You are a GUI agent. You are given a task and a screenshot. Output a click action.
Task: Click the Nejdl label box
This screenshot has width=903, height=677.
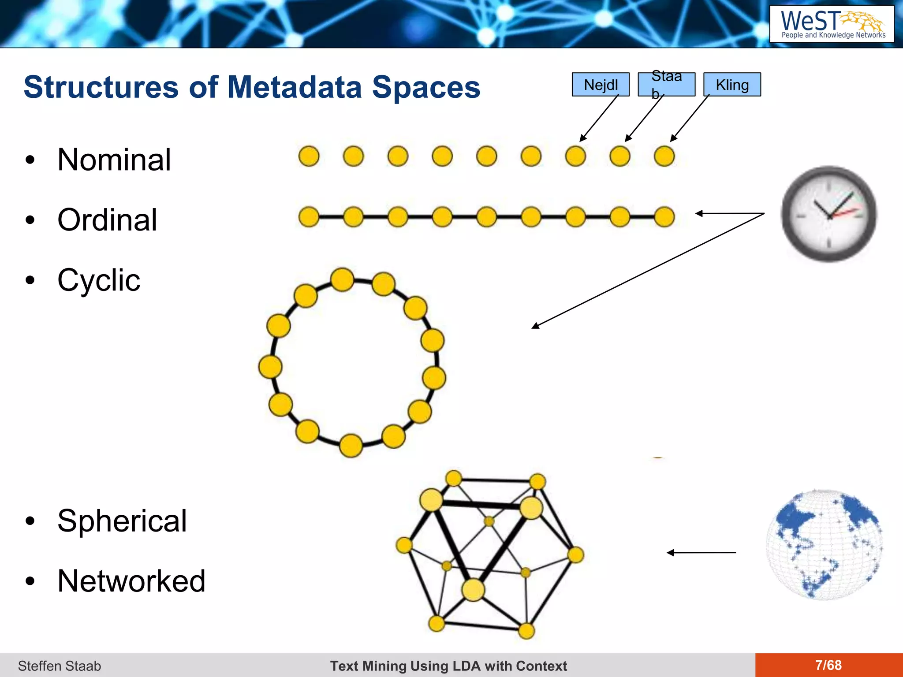click(x=601, y=85)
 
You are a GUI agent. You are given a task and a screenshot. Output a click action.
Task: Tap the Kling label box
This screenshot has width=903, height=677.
click(x=732, y=85)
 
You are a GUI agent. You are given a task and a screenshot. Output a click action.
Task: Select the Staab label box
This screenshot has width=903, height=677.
click(x=666, y=85)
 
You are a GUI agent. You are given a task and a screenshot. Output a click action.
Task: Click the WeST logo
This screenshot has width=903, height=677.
click(x=832, y=24)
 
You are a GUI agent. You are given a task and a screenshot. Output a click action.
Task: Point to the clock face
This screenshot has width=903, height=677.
click(x=829, y=214)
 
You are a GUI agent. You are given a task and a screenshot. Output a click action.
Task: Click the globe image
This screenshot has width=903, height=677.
click(x=824, y=545)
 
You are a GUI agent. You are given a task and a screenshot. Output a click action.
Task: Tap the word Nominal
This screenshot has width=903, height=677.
click(x=114, y=160)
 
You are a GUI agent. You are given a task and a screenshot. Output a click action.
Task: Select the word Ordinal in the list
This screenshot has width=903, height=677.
click(x=107, y=220)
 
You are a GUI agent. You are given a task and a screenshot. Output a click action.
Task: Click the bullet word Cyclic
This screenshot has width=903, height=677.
click(x=99, y=280)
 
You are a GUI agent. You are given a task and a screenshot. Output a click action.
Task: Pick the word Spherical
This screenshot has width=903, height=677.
click(x=122, y=521)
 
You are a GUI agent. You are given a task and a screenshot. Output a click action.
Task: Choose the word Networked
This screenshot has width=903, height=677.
click(x=131, y=581)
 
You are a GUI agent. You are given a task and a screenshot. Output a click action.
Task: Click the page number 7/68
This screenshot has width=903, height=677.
click(x=828, y=665)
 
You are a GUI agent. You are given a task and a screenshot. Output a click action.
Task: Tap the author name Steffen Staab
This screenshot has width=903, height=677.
click(x=60, y=666)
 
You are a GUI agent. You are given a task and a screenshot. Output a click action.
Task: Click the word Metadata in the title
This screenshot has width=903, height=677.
click(x=295, y=87)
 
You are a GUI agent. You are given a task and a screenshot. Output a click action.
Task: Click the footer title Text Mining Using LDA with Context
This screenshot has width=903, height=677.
click(x=448, y=666)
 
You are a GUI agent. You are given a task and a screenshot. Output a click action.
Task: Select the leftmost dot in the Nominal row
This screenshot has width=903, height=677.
click(x=309, y=156)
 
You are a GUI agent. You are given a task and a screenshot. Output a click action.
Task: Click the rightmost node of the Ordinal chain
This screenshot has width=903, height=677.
click(x=664, y=217)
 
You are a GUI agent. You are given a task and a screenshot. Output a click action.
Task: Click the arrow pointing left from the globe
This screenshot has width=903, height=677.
click(x=701, y=552)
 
